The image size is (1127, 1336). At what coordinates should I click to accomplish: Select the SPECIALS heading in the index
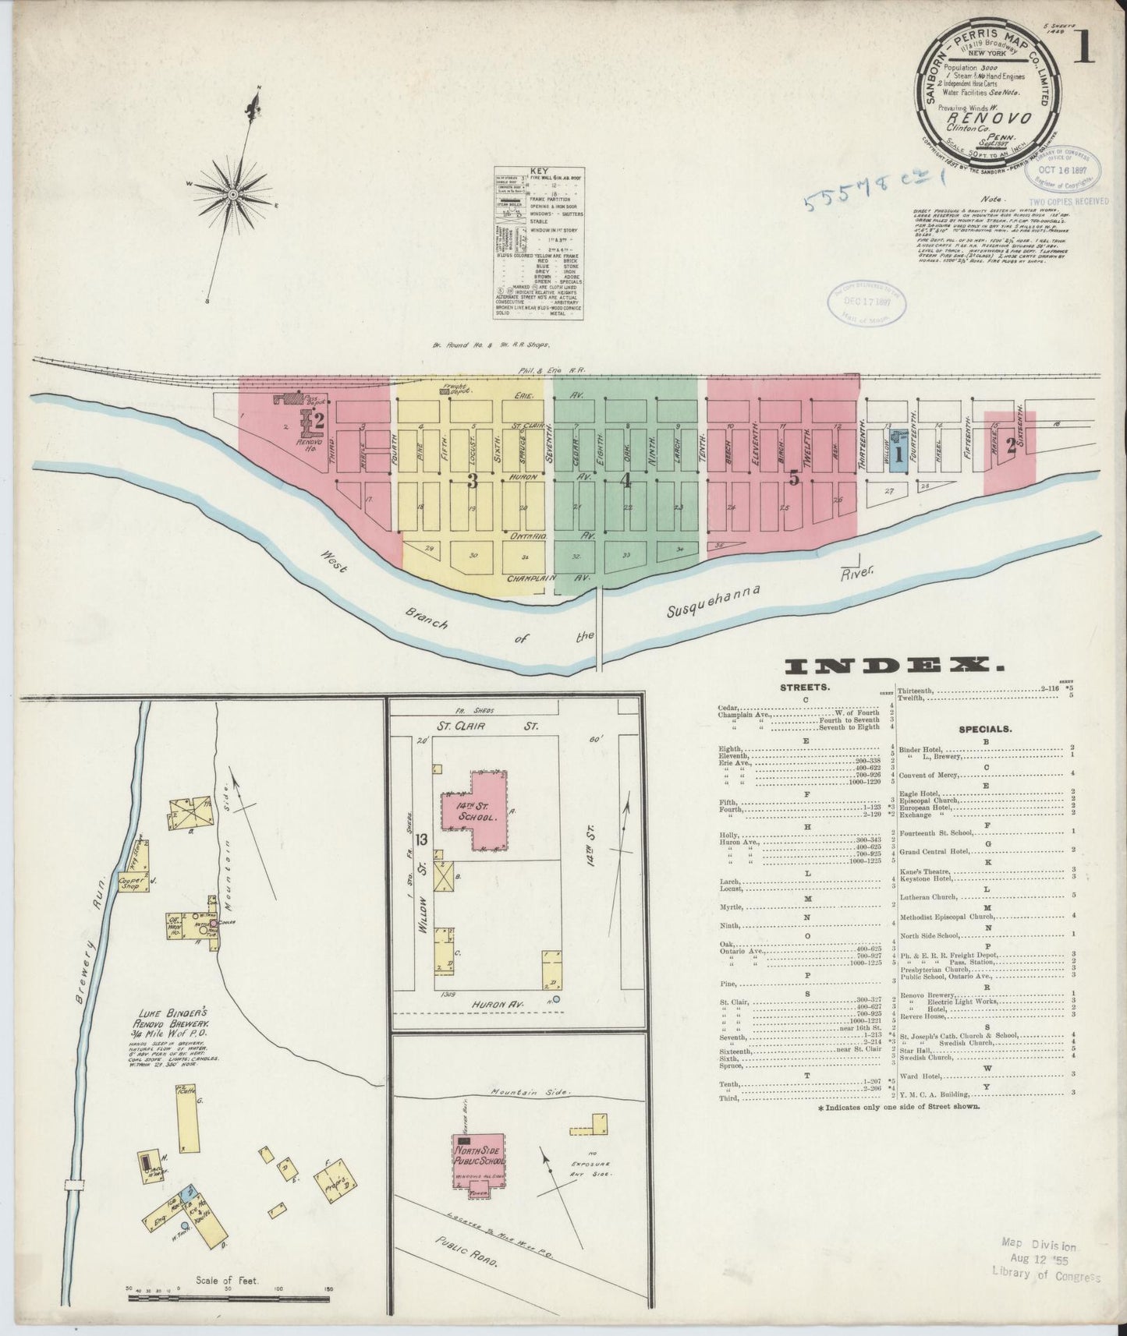(985, 729)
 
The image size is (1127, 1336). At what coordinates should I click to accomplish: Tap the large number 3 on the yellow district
(472, 480)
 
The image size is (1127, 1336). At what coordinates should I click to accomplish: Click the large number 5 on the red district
(793, 479)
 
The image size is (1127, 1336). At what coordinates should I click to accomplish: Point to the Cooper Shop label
(133, 882)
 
